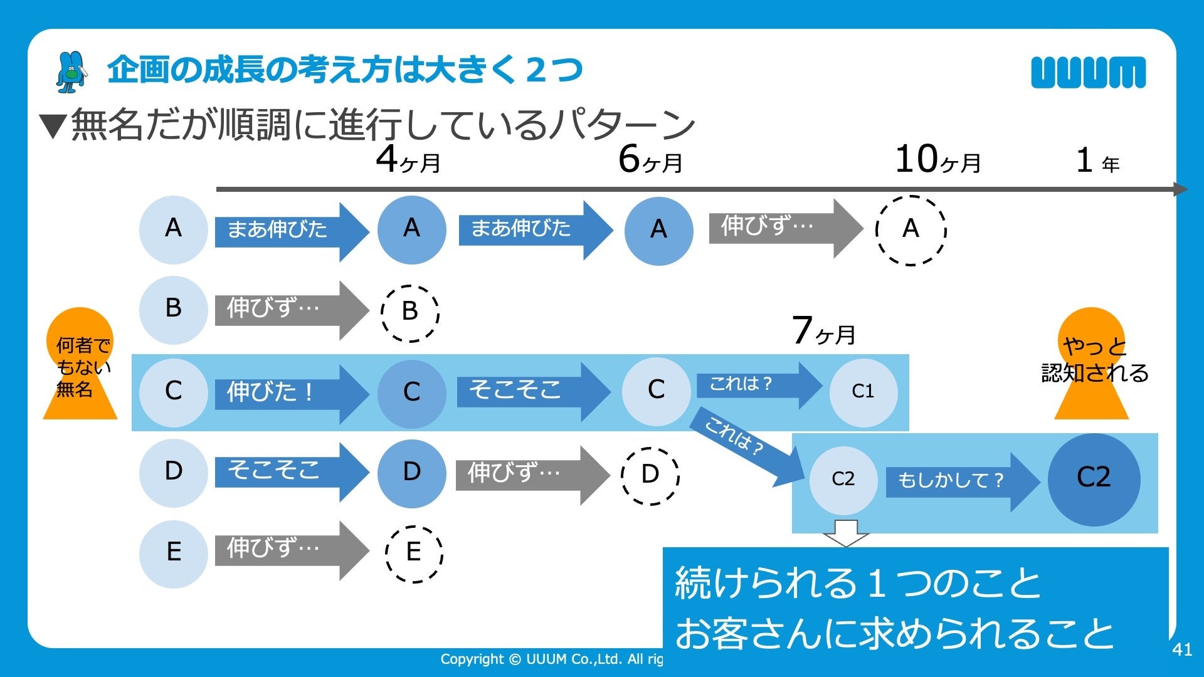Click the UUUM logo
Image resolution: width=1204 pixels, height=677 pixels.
click(1088, 72)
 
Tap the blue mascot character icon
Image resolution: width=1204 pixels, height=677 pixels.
click(71, 72)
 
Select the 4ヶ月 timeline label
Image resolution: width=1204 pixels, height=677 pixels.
click(408, 159)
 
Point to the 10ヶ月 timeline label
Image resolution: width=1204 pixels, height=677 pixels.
click(938, 159)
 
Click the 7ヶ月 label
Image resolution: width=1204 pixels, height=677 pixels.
click(823, 331)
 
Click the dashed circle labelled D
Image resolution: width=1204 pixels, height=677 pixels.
click(650, 476)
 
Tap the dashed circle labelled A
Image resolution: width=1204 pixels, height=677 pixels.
click(911, 230)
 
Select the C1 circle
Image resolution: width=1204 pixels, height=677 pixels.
click(863, 392)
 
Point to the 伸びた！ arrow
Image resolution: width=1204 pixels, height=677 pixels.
click(290, 393)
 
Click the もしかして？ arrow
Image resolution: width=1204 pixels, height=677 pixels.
click(959, 481)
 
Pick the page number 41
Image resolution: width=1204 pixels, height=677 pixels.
click(1181, 649)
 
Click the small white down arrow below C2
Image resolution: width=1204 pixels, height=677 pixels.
click(845, 532)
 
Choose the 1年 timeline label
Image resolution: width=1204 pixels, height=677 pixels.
click(1097, 161)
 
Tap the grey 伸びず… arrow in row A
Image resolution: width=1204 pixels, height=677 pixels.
click(784, 228)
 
